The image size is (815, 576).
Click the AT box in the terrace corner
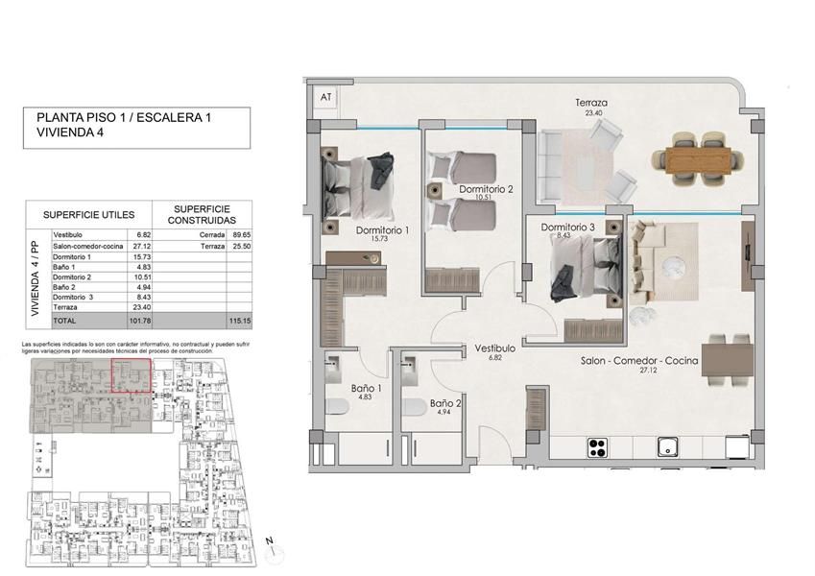tap(325, 97)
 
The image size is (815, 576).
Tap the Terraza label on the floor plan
tap(592, 102)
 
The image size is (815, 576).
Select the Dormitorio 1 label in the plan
tap(382, 230)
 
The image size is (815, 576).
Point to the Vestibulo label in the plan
tap(495, 348)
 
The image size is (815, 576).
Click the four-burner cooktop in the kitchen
tap(598, 446)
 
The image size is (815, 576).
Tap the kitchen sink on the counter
tap(666, 446)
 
